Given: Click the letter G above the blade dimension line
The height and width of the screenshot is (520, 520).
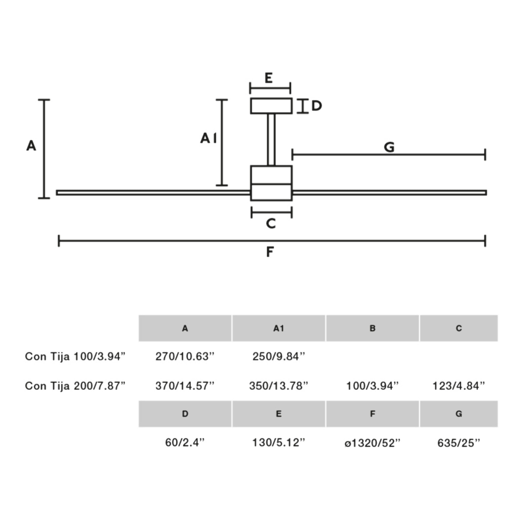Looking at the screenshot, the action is (x=389, y=147).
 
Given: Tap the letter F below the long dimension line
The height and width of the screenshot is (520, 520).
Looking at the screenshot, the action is (x=270, y=252).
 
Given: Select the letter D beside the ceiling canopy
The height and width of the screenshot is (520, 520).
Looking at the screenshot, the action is (x=317, y=106).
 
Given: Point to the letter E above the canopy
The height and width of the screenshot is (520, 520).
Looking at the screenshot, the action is (x=268, y=78).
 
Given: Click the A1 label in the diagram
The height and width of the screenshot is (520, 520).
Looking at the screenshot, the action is (x=208, y=138).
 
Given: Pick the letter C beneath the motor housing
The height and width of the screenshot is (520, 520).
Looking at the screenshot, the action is (x=271, y=223).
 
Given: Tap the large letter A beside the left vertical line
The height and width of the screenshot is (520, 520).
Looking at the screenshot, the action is (x=31, y=146).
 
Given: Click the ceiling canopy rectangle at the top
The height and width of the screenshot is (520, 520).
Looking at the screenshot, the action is (x=271, y=106).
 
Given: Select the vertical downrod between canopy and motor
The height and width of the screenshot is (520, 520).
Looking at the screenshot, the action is (x=271, y=140).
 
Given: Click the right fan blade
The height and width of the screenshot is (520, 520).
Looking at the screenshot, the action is (x=389, y=192).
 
